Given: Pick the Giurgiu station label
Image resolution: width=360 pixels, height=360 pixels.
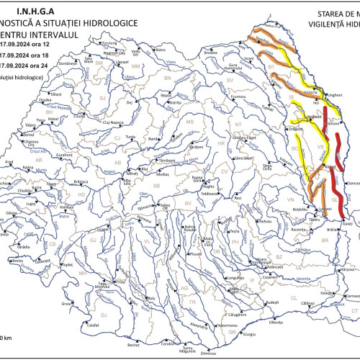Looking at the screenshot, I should [250, 334].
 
